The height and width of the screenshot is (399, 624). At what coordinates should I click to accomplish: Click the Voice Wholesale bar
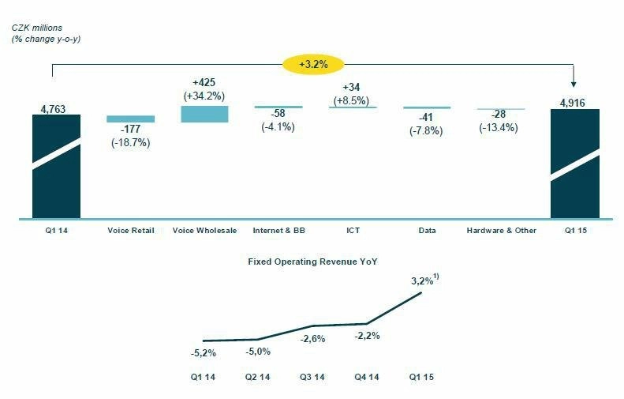click(204, 114)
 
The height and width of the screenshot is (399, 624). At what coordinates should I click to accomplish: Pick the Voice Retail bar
click(130, 119)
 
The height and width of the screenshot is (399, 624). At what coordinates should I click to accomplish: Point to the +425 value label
click(204, 82)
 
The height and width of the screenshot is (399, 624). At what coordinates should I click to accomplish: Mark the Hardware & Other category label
click(500, 231)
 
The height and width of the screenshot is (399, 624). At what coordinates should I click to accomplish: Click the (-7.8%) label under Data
click(427, 130)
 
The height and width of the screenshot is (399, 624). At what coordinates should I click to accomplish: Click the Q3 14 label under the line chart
click(313, 378)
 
